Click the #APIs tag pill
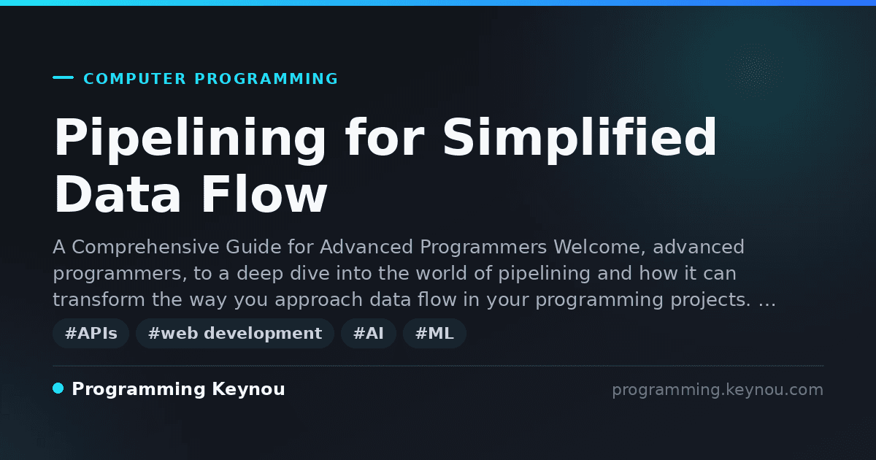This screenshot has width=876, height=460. pos(91,333)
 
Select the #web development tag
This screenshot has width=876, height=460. pos(235,333)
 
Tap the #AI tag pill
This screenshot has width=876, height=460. pos(369,333)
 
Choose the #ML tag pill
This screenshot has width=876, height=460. pos(434,333)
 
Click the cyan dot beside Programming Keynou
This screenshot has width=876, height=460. pos(58,388)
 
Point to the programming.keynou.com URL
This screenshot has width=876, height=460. pos(718,390)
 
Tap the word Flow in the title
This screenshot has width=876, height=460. pos(264,194)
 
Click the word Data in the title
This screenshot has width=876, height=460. pos(118,194)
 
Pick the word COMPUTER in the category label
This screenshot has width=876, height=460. pos(134,79)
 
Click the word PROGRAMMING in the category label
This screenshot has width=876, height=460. pos(266,79)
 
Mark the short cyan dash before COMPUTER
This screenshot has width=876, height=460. pos(63,77)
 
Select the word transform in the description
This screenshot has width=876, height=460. pos(99,299)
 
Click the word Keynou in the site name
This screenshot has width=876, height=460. pos(248,389)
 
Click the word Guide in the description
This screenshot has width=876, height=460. pos(253,248)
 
